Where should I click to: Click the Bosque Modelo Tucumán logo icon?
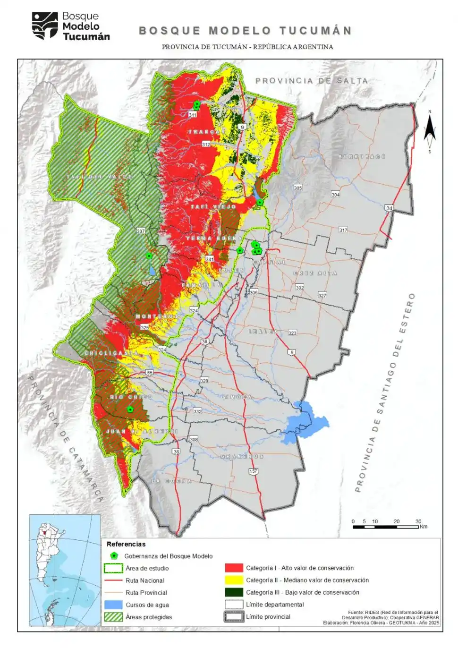(x=45, y=26)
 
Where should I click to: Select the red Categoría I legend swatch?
(x=234, y=568)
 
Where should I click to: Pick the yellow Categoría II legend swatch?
(x=234, y=580)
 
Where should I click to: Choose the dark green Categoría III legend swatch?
(x=234, y=592)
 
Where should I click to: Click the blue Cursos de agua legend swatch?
(x=113, y=605)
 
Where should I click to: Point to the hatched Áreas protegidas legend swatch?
(x=113, y=617)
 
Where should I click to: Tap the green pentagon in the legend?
(x=114, y=556)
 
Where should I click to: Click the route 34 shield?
(x=389, y=208)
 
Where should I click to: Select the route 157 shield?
(x=254, y=471)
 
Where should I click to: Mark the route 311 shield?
(x=192, y=115)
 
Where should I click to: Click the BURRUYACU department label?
(x=362, y=156)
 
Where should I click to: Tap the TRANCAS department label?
(x=207, y=132)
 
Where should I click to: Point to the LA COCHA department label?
(x=171, y=481)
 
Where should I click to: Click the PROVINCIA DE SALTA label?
(x=311, y=81)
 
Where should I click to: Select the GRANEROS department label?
(x=242, y=456)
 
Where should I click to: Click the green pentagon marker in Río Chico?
(x=130, y=409)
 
